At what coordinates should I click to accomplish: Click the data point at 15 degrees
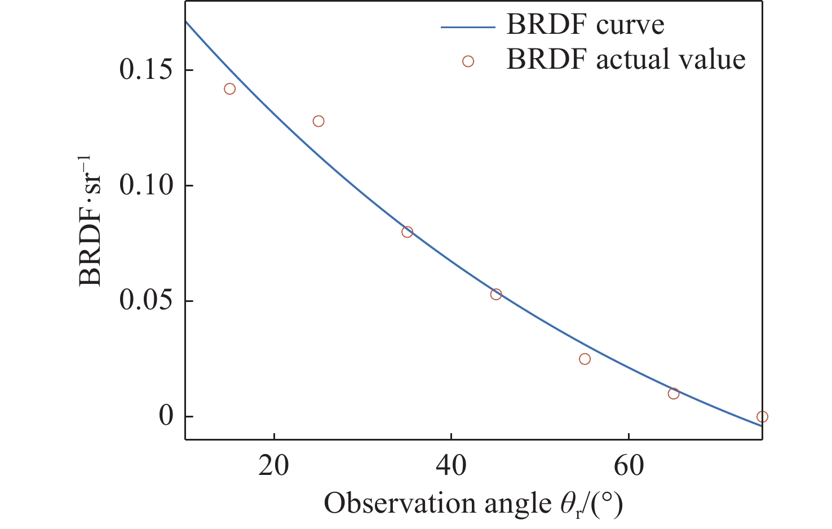[x=229, y=89]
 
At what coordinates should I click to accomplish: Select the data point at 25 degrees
[x=318, y=121]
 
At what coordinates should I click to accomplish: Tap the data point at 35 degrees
[x=408, y=232]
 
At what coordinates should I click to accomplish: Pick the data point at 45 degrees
[x=496, y=294]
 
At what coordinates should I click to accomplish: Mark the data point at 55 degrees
[x=585, y=359]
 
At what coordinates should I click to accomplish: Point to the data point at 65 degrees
[x=674, y=393]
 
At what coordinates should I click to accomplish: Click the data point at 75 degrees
[x=762, y=417]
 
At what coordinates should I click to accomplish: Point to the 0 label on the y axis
[x=166, y=417]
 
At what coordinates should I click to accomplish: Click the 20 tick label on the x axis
[x=274, y=466]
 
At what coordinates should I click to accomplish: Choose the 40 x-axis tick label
[x=451, y=466]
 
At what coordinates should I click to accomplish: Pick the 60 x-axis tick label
[x=629, y=466]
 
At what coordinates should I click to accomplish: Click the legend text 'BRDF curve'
[x=585, y=25]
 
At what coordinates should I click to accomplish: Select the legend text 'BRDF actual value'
[x=626, y=60]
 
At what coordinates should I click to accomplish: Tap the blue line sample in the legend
[x=467, y=26]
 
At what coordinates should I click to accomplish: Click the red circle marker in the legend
[x=468, y=61]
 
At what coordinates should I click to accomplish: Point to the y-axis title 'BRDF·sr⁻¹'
[x=91, y=220]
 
